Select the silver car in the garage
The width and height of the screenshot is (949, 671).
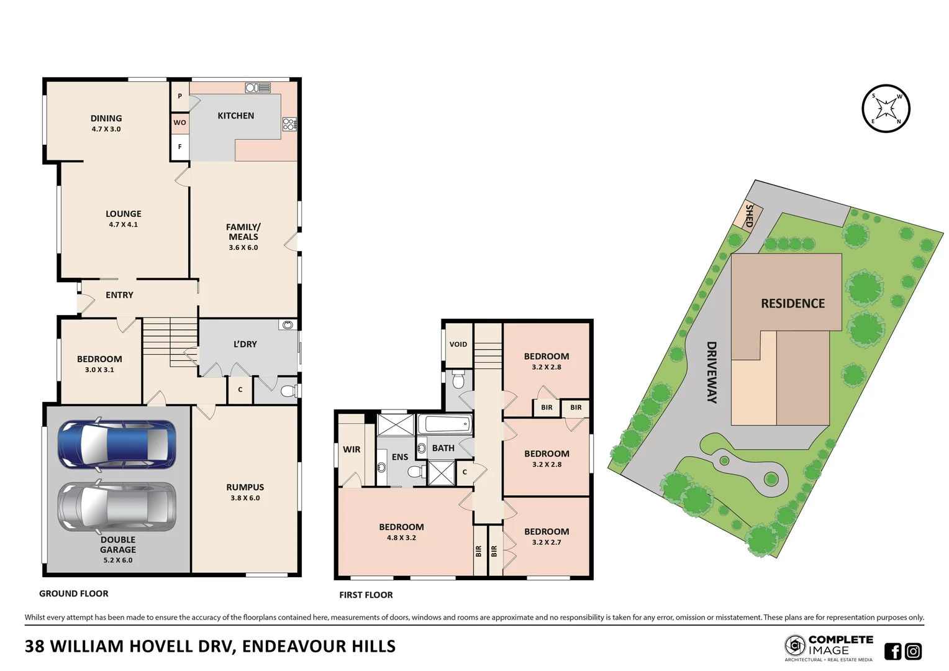coord(117,506)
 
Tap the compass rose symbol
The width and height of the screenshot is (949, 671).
coord(886,109)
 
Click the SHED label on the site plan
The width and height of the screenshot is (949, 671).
coord(749,216)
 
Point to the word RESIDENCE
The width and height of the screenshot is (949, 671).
coord(792,304)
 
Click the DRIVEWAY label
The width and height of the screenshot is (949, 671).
coord(712,372)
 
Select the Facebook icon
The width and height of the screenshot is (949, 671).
coord(892,651)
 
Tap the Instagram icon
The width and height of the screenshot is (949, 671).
coord(913,651)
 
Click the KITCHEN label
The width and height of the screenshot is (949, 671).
coord(235,116)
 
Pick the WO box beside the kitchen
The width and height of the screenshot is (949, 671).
coord(179,122)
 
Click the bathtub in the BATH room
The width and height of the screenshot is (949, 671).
coord(445,425)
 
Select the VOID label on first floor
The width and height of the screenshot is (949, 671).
coord(458,344)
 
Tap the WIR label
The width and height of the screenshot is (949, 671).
coord(352,449)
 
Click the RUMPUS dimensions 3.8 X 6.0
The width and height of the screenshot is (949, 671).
coord(245,498)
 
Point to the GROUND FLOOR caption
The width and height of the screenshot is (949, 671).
coord(73,593)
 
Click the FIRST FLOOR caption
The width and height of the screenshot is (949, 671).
coord(366,595)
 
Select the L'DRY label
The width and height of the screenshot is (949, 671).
coord(245,344)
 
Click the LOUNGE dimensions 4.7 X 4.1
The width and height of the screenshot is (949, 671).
coord(124,225)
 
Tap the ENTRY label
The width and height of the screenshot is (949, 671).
coord(119,295)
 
